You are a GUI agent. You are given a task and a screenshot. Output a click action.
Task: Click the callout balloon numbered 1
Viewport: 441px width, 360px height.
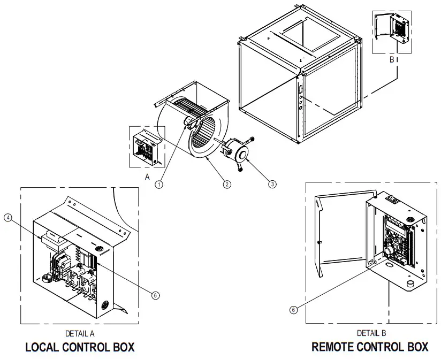pyautogui.click(x=158, y=184)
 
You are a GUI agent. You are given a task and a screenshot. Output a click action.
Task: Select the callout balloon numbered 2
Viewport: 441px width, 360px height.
pyautogui.click(x=227, y=184)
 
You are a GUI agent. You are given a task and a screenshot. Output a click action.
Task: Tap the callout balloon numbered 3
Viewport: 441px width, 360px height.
pyautogui.click(x=272, y=184)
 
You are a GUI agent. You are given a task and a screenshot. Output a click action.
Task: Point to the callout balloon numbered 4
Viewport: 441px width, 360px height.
pyautogui.click(x=8, y=218)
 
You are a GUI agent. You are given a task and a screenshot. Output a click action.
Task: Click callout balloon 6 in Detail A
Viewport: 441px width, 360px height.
pyautogui.click(x=155, y=295)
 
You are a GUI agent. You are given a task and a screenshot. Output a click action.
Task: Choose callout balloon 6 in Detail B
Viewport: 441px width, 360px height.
pyautogui.click(x=293, y=309)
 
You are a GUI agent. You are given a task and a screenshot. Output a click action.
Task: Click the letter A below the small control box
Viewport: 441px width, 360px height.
pyautogui.click(x=147, y=176)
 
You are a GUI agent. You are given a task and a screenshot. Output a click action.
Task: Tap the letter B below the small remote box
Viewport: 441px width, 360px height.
pyautogui.click(x=392, y=59)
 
